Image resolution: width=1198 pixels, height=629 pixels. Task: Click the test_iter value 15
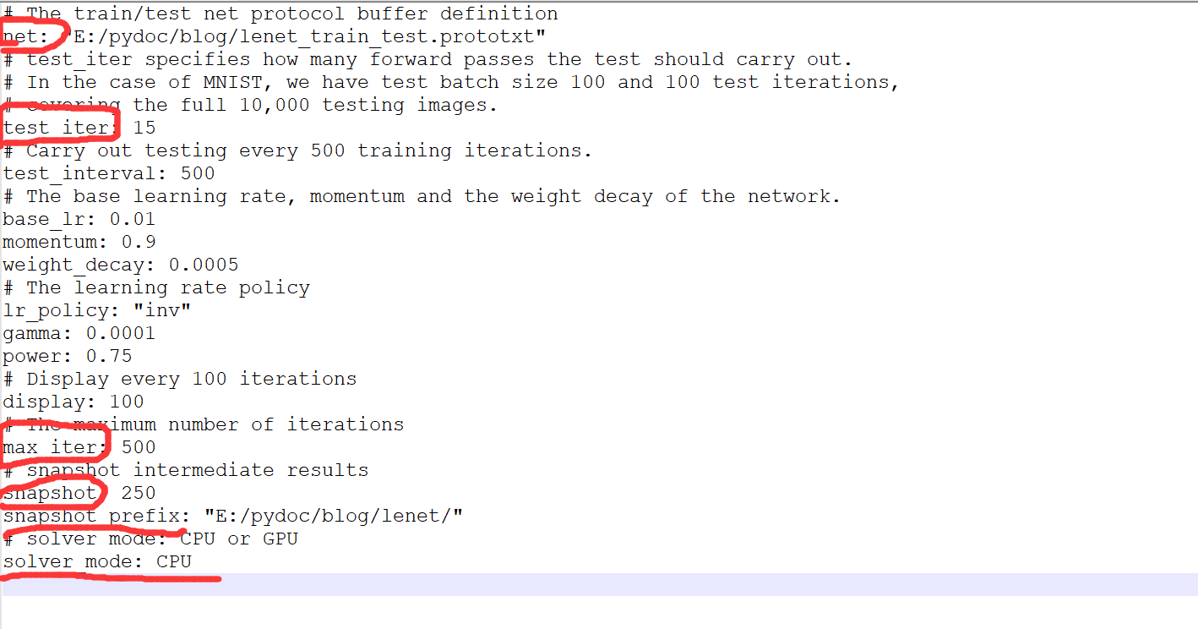144,128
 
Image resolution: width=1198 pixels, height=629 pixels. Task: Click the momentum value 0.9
139,242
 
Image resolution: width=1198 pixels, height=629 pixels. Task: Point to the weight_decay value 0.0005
204,265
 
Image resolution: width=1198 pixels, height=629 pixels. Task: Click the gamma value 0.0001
121,333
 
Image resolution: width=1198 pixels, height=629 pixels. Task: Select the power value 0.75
109,356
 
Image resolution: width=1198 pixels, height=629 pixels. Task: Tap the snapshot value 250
139,493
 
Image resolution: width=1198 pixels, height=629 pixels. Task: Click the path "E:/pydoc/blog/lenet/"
334,516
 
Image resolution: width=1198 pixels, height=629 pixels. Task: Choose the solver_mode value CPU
174,561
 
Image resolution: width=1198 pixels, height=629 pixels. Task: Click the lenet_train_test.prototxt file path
310,36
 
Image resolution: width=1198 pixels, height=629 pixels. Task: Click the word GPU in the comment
280,539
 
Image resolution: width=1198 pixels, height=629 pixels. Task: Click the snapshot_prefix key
91,516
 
